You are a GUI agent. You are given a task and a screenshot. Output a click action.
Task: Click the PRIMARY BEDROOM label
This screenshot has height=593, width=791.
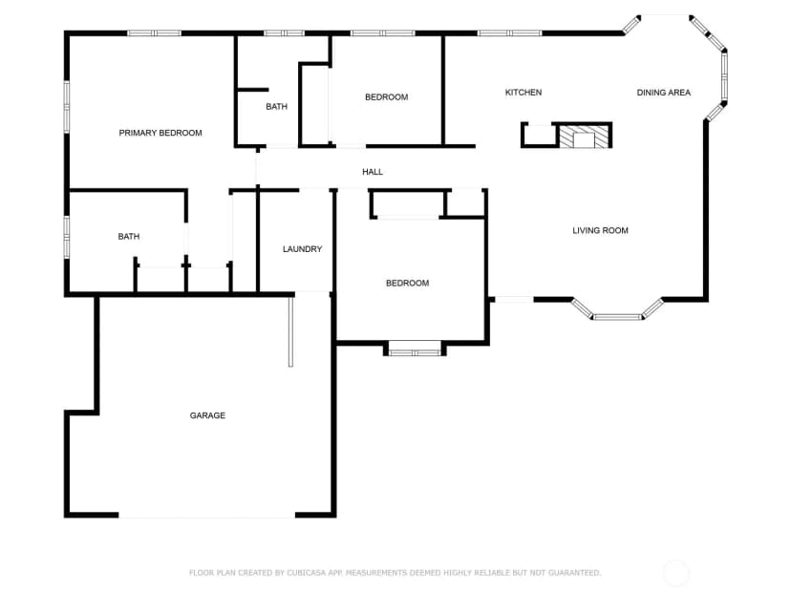coord(160,133)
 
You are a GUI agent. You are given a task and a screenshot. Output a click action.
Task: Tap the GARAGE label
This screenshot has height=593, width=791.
coord(207,415)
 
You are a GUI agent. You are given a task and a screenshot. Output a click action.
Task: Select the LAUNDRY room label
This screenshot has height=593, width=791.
coord(302,249)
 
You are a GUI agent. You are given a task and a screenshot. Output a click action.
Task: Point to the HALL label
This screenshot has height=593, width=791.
coord(373,172)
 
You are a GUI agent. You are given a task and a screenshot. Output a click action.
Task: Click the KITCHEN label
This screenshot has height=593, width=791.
coord(524,93)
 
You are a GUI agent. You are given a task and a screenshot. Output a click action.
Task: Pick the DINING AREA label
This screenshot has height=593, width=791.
coord(663,93)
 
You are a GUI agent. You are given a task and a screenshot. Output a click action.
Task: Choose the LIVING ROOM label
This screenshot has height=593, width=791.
coord(600,230)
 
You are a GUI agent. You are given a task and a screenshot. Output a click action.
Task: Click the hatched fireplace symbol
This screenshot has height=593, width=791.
coord(584,137)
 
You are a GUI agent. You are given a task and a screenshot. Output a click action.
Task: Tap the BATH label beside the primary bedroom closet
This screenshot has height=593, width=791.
coord(129,237)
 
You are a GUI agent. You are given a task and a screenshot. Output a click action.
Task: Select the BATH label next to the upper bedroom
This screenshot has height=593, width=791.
coord(276,106)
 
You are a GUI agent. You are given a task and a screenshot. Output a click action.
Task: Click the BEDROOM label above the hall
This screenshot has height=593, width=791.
coord(386,96)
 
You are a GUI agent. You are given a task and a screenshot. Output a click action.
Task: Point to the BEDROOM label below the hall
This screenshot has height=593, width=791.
coord(408,284)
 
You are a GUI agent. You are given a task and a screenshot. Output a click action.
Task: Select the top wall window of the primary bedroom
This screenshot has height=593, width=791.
coord(154,33)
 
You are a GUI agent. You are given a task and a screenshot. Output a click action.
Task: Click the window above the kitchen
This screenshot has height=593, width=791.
coord(509,33)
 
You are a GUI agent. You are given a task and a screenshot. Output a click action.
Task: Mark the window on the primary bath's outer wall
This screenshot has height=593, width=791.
coord(66,237)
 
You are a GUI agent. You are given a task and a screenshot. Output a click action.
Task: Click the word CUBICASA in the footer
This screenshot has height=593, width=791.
coord(307,573)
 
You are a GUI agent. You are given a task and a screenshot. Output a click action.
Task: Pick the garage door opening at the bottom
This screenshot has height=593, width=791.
coord(207,516)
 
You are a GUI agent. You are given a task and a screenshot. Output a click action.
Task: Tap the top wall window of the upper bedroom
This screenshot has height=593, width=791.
coord(383,33)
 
